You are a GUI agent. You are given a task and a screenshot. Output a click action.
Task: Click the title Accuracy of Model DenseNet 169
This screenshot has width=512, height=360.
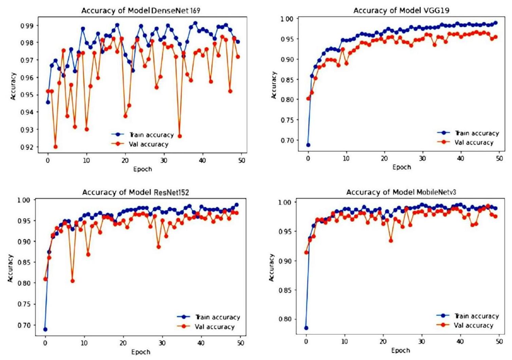tap(141, 11)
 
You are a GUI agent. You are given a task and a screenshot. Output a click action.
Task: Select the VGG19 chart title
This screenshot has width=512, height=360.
tap(401, 11)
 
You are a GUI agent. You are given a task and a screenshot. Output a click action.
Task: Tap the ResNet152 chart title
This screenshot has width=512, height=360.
tap(135, 193)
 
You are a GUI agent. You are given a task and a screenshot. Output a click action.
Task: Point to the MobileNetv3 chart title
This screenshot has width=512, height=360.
tap(401, 193)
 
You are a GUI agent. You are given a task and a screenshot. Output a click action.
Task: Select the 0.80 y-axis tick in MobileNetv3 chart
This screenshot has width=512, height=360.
tap(285, 319)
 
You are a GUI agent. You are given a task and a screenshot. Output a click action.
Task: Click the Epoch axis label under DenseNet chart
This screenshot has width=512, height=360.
tap(142, 169)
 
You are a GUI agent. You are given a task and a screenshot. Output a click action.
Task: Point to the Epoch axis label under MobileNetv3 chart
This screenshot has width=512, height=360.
tap(400, 350)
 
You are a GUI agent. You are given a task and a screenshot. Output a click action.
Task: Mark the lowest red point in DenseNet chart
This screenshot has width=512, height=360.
tap(55, 147)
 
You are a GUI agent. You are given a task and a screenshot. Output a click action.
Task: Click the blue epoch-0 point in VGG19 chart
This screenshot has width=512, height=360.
tap(308, 145)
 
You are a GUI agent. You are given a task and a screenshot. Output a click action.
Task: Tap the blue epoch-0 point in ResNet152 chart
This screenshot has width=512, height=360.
tap(45, 329)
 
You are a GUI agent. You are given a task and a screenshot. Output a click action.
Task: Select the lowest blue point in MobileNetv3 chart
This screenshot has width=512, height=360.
tap(306, 328)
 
